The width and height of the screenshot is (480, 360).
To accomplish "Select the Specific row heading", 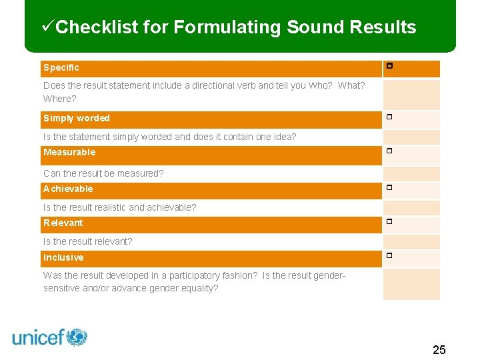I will click(61, 67).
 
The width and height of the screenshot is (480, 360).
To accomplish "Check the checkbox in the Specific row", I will click(389, 67).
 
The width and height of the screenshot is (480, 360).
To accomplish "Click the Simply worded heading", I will click(77, 118).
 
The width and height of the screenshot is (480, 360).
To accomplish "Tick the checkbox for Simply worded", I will click(389, 117).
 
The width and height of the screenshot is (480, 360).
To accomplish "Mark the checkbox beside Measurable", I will click(389, 151).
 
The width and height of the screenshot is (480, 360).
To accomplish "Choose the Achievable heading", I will click(68, 189).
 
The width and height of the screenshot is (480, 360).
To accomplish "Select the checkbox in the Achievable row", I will click(389, 188).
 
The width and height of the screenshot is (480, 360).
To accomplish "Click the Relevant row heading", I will click(63, 223).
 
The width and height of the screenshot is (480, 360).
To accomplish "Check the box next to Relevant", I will click(389, 221).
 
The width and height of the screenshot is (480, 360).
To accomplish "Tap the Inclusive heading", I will click(63, 257).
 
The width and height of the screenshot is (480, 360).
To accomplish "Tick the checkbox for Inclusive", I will click(389, 256).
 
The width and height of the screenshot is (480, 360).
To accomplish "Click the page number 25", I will click(439, 350).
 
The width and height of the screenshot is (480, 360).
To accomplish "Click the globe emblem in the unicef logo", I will click(77, 337).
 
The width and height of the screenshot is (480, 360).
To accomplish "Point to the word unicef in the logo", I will click(38, 338).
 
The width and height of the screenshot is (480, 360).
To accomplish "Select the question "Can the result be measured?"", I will click(103, 173).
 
